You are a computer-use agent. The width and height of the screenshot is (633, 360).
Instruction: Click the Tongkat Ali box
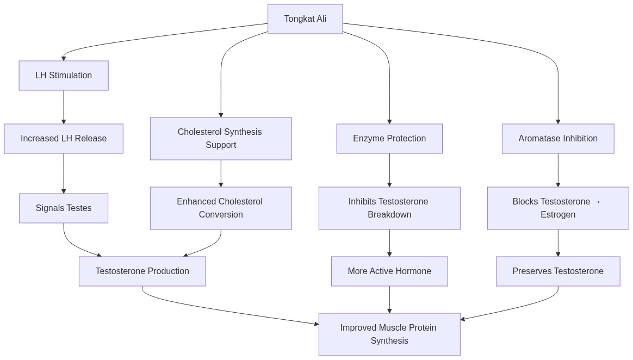click(x=305, y=19)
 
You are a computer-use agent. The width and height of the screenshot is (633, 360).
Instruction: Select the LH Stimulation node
click(x=64, y=76)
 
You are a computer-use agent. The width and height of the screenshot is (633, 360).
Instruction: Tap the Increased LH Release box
click(x=64, y=139)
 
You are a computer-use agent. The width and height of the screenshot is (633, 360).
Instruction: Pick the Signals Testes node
click(x=64, y=208)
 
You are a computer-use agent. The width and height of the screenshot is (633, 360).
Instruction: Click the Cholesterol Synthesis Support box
click(x=221, y=139)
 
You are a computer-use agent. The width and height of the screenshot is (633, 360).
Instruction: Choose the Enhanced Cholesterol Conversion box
click(x=221, y=208)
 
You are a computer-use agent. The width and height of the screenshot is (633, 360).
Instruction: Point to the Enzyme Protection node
click(x=389, y=139)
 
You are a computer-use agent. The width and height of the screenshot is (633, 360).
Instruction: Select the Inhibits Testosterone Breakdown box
click(x=389, y=208)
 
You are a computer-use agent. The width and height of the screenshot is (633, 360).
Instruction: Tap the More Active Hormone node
click(x=389, y=271)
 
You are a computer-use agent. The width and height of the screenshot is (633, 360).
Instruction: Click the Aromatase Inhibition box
click(x=558, y=139)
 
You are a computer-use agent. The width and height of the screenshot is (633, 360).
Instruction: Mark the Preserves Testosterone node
click(x=558, y=271)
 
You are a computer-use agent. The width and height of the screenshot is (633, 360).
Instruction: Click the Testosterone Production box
click(x=142, y=271)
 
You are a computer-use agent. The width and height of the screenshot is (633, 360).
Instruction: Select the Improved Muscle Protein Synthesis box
click(x=389, y=334)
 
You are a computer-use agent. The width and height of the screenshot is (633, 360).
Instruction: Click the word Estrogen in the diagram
click(x=558, y=215)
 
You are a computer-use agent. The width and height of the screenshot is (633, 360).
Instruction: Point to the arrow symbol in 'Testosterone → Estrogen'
click(x=597, y=202)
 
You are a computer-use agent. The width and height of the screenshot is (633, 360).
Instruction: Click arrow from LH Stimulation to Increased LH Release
click(x=64, y=107)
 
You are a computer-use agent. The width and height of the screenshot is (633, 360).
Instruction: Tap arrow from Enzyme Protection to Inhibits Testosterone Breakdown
click(x=389, y=170)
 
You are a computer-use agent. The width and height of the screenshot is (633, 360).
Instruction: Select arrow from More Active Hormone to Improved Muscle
click(x=389, y=299)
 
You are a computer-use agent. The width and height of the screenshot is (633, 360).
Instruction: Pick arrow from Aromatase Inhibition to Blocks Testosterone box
click(x=558, y=170)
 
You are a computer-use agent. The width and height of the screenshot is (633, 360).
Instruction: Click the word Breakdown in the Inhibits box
click(x=389, y=215)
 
